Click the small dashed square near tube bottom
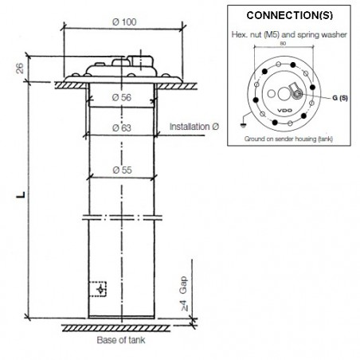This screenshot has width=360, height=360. (x=99, y=288)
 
